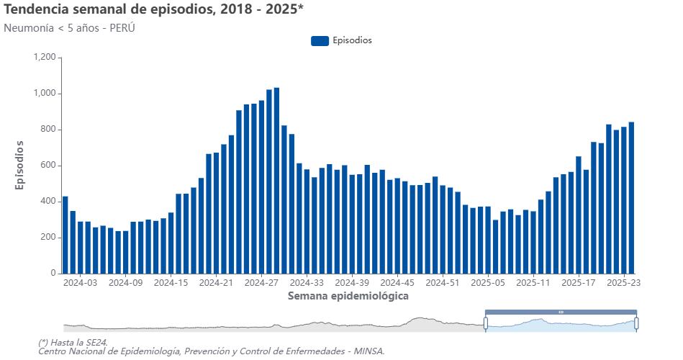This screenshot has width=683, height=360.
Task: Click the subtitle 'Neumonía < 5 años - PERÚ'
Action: pyautogui.click(x=69, y=28)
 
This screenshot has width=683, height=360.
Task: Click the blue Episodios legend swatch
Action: pyautogui.click(x=320, y=41)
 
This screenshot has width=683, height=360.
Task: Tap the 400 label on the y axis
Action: pyautogui.click(x=48, y=202)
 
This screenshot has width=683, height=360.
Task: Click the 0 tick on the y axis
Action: pyautogui.click(x=53, y=274)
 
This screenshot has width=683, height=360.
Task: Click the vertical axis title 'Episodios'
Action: pyautogui.click(x=20, y=166)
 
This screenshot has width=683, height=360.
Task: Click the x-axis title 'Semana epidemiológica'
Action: pyautogui.click(x=348, y=296)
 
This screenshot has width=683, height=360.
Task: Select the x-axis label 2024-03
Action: pyautogui.click(x=80, y=283)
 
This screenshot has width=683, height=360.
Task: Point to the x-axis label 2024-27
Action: pyautogui.click(x=261, y=283)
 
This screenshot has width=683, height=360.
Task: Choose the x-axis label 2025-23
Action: pyautogui.click(x=624, y=283)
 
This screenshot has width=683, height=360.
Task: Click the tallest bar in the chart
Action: pyautogui.click(x=276, y=180)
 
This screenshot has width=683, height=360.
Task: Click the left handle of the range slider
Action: pyautogui.click(x=485, y=323)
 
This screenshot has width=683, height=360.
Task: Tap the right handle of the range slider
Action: pyautogui.click(x=636, y=323)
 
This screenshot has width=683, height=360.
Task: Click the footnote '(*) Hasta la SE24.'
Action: pyautogui.click(x=78, y=342)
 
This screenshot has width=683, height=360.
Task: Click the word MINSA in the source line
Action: pyautogui.click(x=370, y=351)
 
